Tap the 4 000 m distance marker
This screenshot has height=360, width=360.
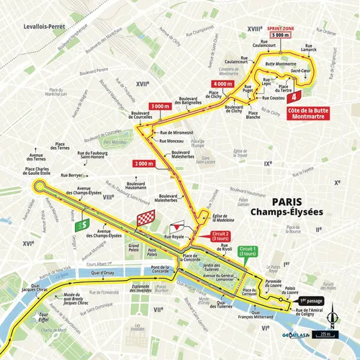[x=223, y=84]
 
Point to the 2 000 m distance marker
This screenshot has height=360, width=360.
[x=145, y=164]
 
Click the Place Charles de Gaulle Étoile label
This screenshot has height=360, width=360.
[x=37, y=174]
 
